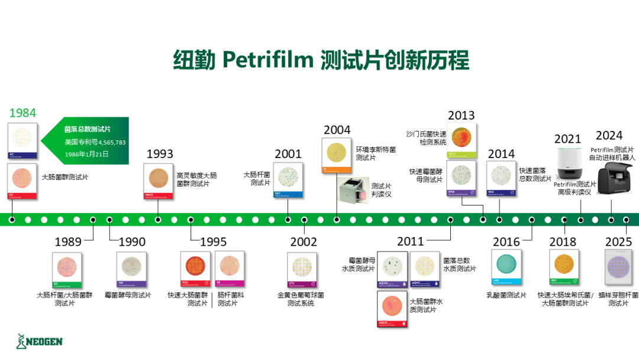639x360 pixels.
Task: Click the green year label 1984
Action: tap(22, 112)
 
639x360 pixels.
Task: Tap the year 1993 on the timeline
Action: tap(160, 154)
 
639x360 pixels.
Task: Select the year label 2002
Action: tap(304, 242)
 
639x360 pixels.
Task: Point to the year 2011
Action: tap(411, 242)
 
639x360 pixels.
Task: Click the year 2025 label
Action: tap(619, 242)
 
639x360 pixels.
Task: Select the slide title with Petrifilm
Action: tap(320, 60)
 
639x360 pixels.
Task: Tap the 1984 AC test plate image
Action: tap(23, 141)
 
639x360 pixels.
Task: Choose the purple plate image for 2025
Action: tap(619, 270)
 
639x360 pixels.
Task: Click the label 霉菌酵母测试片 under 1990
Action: tap(128, 295)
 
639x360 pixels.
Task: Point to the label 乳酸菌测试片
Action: tap(506, 295)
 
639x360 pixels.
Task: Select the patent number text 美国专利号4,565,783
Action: tap(95, 142)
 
